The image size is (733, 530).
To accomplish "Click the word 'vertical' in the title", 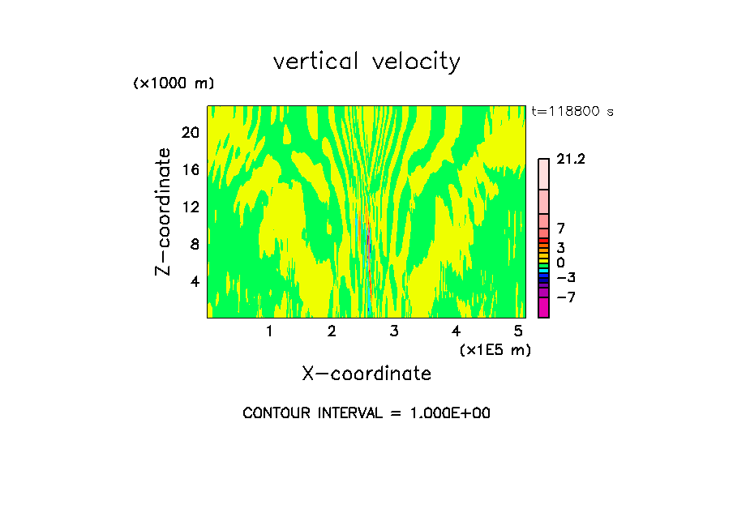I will pos(317,62).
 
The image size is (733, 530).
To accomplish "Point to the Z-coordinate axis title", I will pos(164,212).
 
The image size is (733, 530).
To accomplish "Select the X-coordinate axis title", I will pos(366,374).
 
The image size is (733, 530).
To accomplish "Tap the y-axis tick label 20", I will pos(191,133).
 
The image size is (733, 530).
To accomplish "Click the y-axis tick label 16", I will pos(191,170).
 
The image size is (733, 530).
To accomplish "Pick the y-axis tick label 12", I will pos(191,207).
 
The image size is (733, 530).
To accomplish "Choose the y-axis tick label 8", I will pos(195,244).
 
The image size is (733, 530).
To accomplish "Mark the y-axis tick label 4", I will pos(195,281).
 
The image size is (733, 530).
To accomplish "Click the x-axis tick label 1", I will pos(269,331).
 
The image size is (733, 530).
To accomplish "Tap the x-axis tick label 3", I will pos(393,331).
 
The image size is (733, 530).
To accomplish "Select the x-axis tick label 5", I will pos(518,331).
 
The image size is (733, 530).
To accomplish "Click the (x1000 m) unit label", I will pos(174,84).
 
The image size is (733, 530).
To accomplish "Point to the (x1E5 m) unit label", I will pos(495,349).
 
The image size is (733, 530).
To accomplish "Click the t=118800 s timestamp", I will pos(572,112).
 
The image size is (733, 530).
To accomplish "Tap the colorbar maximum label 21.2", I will pos(571,160).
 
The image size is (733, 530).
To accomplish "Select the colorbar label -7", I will pos(566,297).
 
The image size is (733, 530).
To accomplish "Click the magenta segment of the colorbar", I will pos(543,307).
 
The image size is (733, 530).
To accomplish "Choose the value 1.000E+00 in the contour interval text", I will pos(443,413).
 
